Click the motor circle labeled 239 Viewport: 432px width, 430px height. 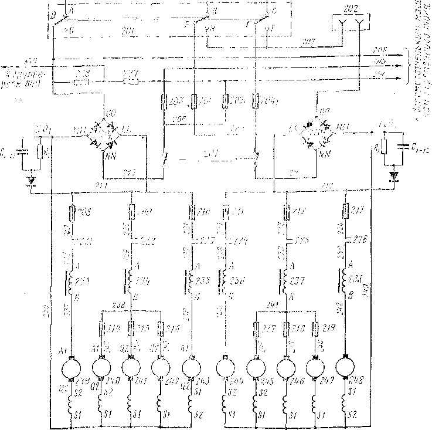pos(70,370)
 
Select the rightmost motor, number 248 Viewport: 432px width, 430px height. pos(346,370)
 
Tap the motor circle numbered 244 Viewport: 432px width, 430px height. pos(224,370)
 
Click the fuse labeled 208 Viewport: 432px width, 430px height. pos(72,211)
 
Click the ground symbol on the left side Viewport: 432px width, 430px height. pos(31,180)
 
